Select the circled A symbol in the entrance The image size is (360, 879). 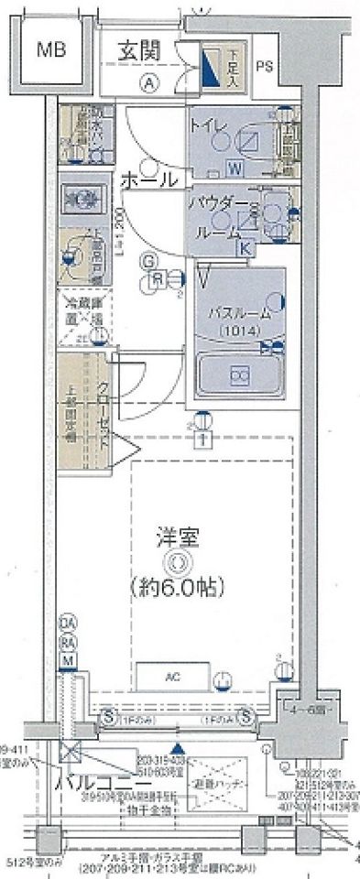pos(147,81)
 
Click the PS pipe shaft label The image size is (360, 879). pos(265,65)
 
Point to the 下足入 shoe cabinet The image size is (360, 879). pos(213,67)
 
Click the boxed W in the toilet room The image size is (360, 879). pos(234,167)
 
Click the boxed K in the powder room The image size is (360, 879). pos(245,245)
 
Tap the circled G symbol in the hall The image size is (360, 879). pos(146,261)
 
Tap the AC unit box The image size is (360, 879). pos(172,678)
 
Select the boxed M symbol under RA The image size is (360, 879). pos(67,659)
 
